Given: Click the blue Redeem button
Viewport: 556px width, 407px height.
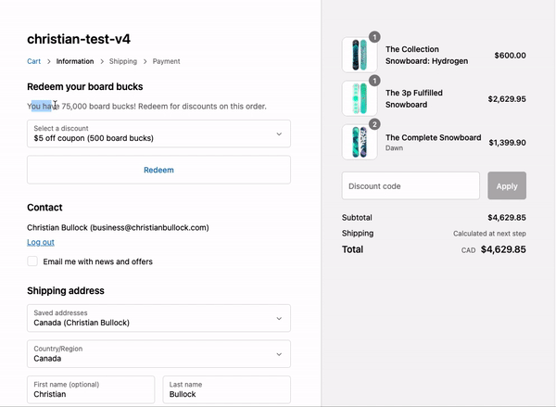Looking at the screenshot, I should (158, 170).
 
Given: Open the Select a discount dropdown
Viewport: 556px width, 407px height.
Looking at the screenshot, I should (158, 134).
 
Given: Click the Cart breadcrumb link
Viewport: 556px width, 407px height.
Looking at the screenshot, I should (33, 61).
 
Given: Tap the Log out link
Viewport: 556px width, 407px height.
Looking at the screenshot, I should (41, 242).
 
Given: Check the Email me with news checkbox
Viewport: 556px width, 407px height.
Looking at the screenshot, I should (33, 261).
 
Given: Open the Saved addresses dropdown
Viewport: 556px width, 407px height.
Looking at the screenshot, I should (158, 318).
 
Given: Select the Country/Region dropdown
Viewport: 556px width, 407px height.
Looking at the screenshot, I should (158, 353).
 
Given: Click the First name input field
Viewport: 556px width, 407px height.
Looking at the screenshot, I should (91, 389).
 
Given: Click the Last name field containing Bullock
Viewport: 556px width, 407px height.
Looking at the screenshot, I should (226, 389).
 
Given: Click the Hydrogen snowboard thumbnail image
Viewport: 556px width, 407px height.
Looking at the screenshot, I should (360, 55).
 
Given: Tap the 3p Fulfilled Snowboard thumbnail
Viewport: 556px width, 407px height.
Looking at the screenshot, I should (360, 98).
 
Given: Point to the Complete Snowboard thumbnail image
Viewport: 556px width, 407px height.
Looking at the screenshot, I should (360, 142).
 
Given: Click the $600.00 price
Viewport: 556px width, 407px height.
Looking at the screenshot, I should (510, 56).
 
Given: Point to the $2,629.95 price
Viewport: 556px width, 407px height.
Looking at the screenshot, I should (507, 98).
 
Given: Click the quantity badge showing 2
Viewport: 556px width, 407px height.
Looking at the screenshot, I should (374, 124).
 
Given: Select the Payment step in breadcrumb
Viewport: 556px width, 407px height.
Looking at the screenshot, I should (167, 61).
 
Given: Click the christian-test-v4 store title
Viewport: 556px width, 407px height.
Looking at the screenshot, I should (79, 39).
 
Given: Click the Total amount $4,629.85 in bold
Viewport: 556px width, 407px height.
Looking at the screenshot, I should (503, 249).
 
